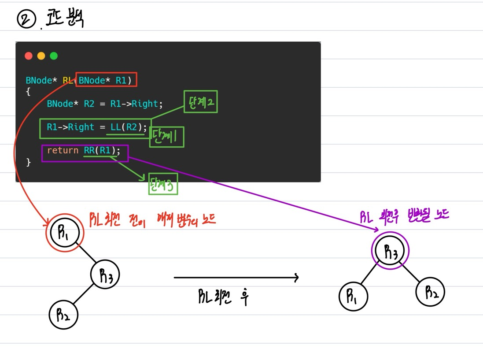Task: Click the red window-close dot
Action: [x=29, y=56]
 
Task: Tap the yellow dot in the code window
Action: [x=41, y=56]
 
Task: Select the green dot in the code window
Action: [x=54, y=56]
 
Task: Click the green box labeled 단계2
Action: [x=200, y=102]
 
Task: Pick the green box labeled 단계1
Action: [x=166, y=137]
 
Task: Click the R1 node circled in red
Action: [x=64, y=232]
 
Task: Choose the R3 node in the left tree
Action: [x=105, y=275]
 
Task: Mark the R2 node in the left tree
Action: [x=63, y=315]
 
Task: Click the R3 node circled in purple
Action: [x=390, y=251]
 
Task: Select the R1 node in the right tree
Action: [x=353, y=297]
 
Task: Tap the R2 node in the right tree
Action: [x=430, y=292]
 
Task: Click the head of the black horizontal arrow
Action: [x=296, y=278]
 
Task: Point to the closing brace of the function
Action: [x=29, y=163]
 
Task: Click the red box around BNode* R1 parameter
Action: [x=106, y=80]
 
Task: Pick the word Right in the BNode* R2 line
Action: [x=145, y=104]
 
